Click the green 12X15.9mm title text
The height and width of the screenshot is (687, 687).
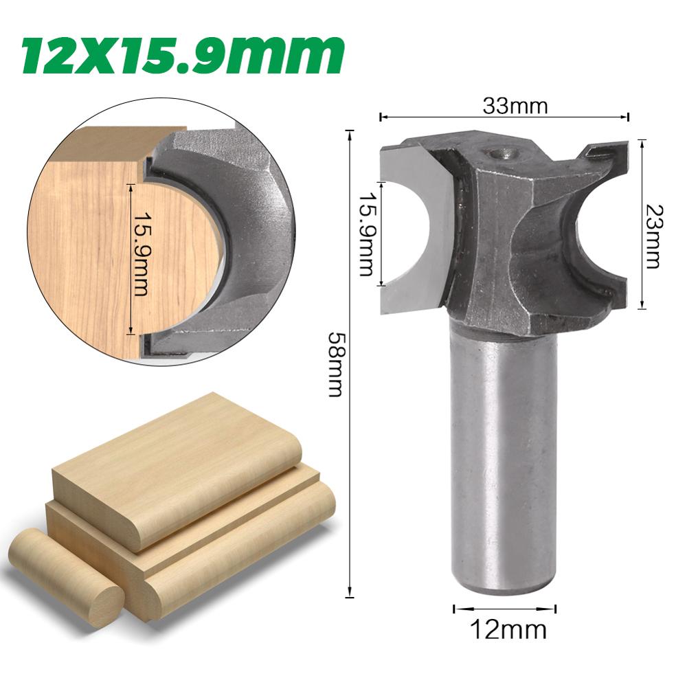[182, 54]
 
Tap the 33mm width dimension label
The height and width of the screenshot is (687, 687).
[505, 106]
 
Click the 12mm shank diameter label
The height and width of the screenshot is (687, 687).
[505, 629]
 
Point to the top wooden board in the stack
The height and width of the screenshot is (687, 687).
[172, 467]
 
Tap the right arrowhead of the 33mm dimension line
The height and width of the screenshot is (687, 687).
[627, 117]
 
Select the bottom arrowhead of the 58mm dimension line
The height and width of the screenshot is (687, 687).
[350, 596]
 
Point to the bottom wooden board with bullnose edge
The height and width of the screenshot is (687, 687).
[234, 556]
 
